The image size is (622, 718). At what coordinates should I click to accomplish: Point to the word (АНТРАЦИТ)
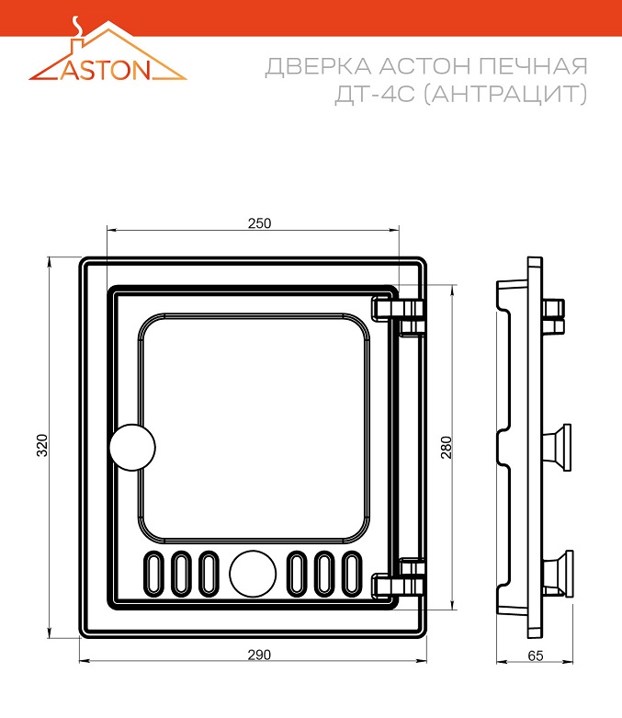point(504,95)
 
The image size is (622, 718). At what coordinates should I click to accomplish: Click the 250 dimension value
point(260,222)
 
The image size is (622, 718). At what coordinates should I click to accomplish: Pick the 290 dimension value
point(258,655)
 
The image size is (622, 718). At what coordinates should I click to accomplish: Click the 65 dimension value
point(537,655)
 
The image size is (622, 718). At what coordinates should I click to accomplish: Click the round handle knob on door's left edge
point(132,448)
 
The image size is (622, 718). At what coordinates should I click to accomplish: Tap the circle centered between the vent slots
point(253,574)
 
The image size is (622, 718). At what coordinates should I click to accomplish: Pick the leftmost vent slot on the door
point(153,574)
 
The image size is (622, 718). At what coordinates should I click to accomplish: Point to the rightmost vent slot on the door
point(352,574)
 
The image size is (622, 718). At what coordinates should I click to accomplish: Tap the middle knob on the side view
point(557,447)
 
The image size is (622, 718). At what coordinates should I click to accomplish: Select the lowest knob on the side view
point(558,572)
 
